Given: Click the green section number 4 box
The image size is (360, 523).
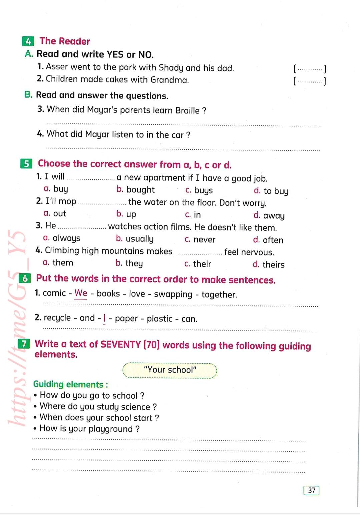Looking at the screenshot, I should pos(28,42).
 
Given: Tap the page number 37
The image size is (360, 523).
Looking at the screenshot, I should pos(312,490).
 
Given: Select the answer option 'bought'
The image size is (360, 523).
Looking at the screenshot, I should pos(140,190).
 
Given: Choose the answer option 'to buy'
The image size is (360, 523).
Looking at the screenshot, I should pos(276,191).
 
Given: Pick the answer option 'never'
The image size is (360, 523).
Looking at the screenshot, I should pos(204,239).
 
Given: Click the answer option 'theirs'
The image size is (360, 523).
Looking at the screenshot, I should pos(273,265).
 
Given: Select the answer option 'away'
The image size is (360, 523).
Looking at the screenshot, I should pos(274,216).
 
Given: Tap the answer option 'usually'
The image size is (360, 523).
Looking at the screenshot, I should pos(139,239).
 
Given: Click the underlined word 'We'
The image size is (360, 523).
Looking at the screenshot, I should pos(81,293).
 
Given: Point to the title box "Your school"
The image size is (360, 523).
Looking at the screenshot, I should pos(170,370).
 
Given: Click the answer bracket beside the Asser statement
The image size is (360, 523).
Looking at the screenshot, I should pos(310,69).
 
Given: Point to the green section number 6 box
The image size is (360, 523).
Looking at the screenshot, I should pos(25,279).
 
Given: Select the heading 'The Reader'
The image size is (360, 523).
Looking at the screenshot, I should pos(65,41).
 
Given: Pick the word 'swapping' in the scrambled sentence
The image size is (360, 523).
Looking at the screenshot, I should pos(173,294).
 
